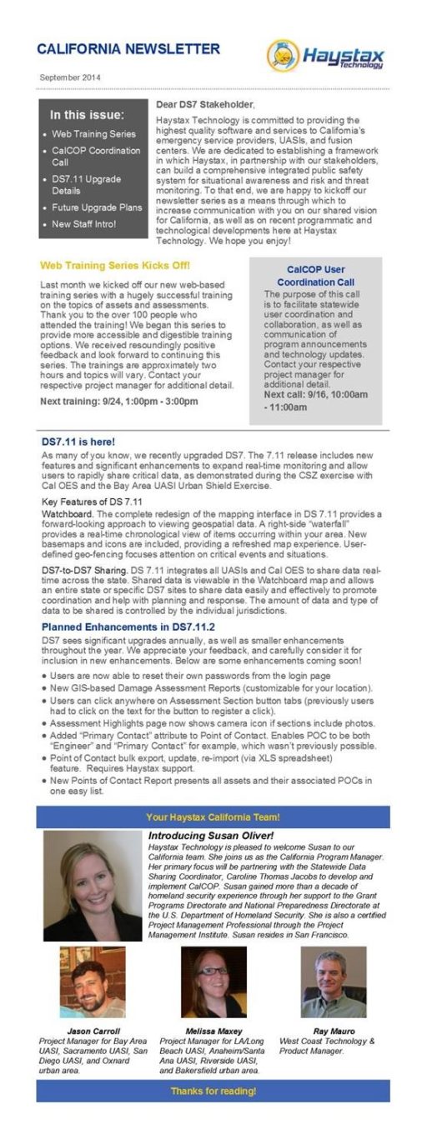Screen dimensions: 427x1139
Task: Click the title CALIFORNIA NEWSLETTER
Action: (128, 50)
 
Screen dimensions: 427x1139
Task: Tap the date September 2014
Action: (69, 77)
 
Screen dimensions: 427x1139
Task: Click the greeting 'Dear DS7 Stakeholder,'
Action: (205, 105)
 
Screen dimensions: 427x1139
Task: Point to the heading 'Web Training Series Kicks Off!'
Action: (115, 266)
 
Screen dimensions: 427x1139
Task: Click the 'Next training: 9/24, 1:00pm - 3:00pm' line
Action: (119, 401)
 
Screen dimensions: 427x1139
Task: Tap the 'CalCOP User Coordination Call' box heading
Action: (315, 276)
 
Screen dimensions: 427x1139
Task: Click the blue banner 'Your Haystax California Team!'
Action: (213, 817)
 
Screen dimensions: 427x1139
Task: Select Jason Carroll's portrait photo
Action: (92, 982)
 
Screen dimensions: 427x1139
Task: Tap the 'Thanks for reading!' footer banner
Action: (213, 1091)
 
